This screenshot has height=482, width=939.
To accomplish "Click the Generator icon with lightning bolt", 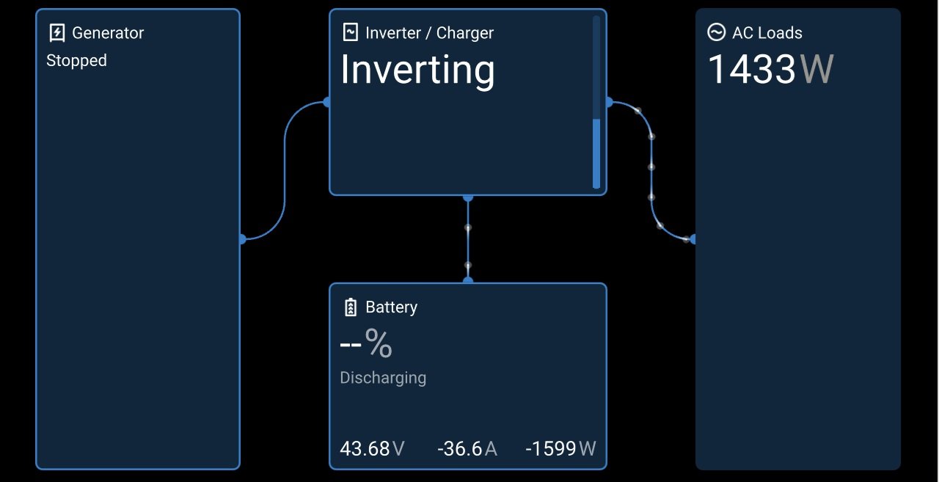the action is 57,33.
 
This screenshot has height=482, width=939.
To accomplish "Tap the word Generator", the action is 108,33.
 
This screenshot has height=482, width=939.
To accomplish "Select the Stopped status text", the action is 76,61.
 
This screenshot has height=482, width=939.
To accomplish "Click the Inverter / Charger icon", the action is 351,32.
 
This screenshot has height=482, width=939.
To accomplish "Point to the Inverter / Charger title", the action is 429,33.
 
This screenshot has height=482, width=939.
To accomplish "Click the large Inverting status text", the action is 417,70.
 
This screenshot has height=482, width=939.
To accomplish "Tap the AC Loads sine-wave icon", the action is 716,32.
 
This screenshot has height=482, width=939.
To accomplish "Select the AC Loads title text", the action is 767,33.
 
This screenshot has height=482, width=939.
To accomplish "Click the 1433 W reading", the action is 770,69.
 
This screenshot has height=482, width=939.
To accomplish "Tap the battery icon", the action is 351,307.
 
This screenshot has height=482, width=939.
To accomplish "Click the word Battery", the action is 391,307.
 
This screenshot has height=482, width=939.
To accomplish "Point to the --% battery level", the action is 366,343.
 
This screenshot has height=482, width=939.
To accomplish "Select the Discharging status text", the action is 383,378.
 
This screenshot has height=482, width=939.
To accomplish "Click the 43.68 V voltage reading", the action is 372,448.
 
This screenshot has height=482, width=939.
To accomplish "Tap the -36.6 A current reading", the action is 467,448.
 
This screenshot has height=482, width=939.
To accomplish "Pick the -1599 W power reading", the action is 560,448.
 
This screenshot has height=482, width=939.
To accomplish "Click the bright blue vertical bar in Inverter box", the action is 596,154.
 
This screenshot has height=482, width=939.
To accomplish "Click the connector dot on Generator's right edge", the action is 242,239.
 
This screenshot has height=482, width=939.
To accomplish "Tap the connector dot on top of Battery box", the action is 468,280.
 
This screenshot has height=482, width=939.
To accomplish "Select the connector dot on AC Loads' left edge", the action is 693,239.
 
